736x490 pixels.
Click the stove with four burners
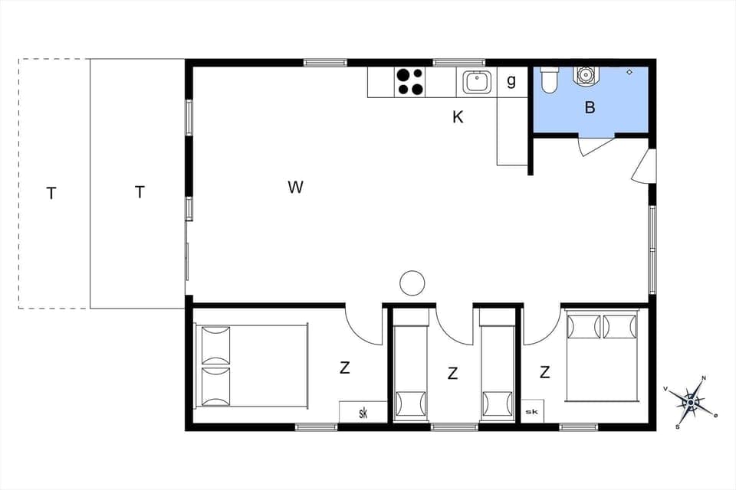click(x=409, y=82)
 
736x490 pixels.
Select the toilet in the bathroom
click(x=549, y=80)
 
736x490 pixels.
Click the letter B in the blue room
click(x=590, y=108)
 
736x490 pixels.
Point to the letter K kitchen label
click(x=458, y=117)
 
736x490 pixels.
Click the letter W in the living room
click(x=296, y=187)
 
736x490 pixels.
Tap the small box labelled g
click(x=511, y=80)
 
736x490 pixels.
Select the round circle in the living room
click(x=412, y=283)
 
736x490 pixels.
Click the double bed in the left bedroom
click(x=252, y=365)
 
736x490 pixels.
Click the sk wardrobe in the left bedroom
click(x=362, y=412)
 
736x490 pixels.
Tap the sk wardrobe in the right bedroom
click(x=532, y=411)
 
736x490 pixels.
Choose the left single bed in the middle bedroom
click(x=411, y=365)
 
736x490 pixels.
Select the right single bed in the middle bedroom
click(x=497, y=365)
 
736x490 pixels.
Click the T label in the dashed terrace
click(x=51, y=194)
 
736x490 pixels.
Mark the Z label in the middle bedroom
click(x=453, y=374)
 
